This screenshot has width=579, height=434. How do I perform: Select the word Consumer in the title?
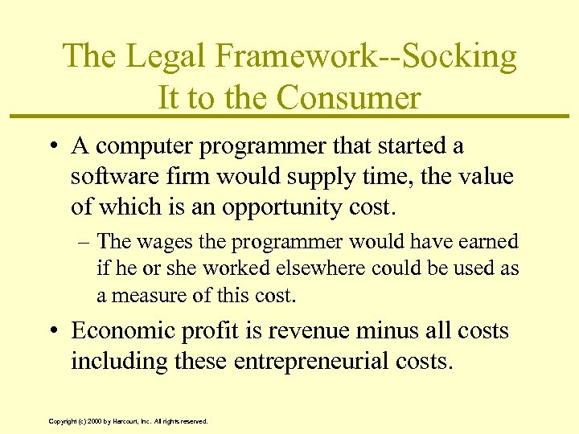[349, 98]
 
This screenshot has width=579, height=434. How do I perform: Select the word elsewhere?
[310, 268]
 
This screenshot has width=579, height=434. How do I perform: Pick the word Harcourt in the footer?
[120, 420]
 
